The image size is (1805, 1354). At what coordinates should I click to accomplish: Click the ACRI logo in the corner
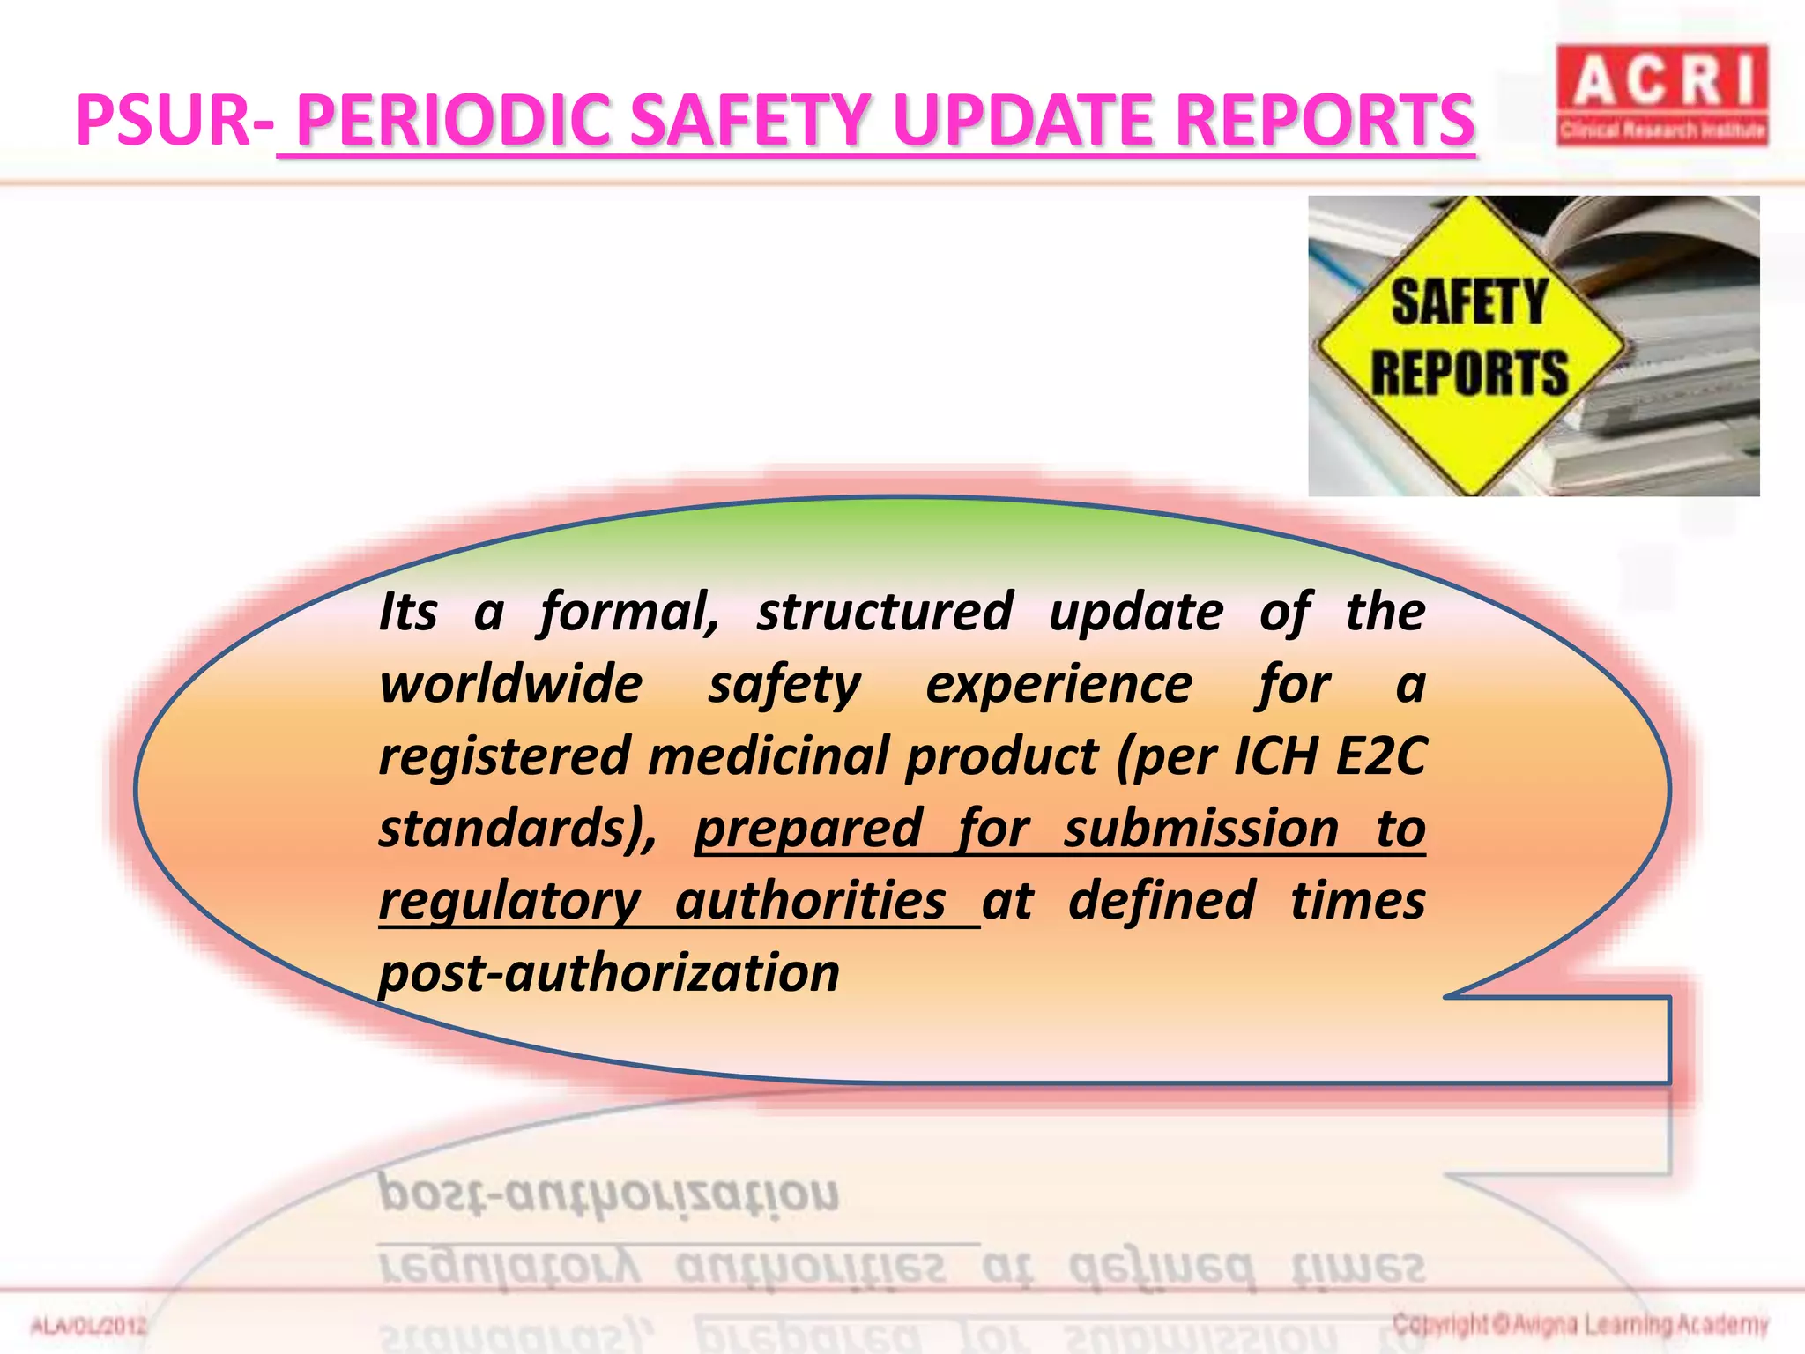point(1662,94)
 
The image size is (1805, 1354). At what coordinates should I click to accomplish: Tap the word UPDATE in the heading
point(1022,121)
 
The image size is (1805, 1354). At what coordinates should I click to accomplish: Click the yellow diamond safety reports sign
point(1470,345)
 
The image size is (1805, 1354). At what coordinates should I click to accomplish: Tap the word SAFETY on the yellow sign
point(1469,302)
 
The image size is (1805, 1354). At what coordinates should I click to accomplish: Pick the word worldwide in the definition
point(511,684)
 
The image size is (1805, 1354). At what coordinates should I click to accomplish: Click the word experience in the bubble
point(1058,684)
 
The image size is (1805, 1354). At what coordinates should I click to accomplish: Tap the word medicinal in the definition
point(776,756)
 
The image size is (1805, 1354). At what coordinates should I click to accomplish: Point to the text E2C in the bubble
point(1380,756)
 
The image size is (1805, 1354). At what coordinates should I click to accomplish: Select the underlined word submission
point(1200,829)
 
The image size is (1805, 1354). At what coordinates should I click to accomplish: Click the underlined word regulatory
point(509,901)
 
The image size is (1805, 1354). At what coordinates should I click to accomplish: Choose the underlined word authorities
point(810,901)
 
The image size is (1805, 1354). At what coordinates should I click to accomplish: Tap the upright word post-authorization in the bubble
point(609,973)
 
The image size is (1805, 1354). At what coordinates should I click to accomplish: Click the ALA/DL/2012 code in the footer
point(89,1326)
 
